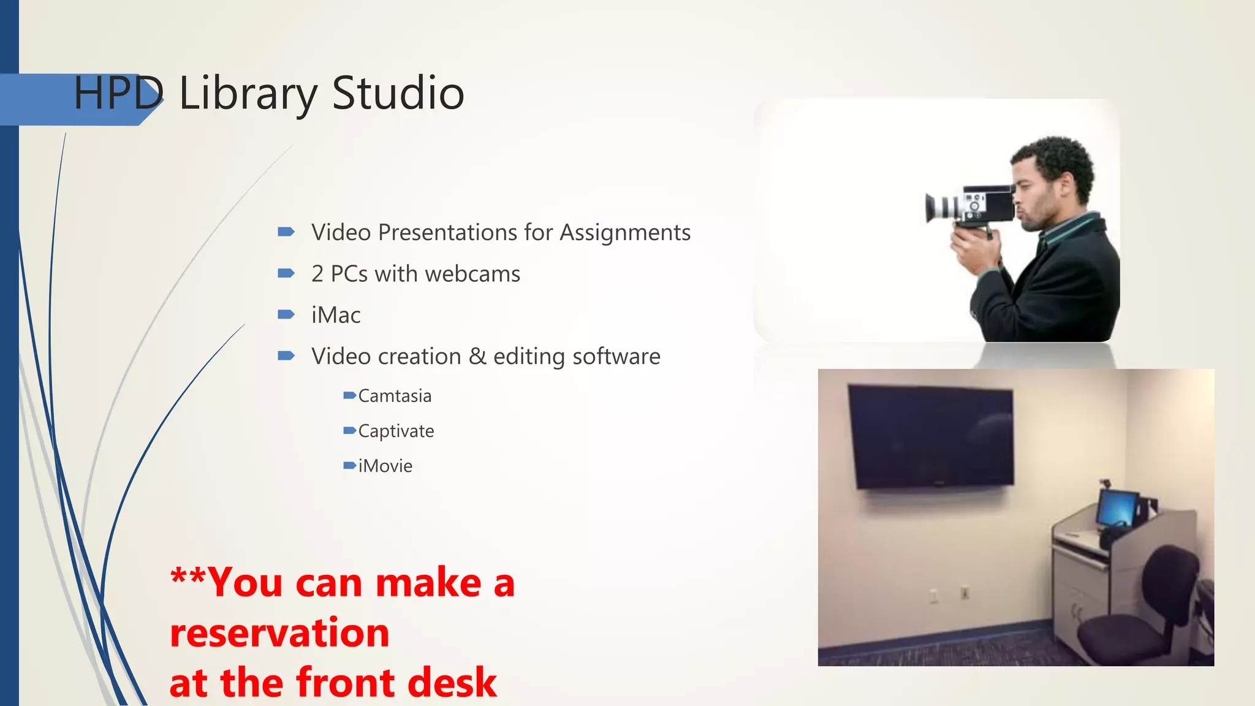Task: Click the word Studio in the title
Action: click(398, 93)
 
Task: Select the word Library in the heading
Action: click(248, 94)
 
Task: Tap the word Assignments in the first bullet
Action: click(625, 233)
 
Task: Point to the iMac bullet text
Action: click(336, 316)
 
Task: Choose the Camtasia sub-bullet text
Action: click(395, 396)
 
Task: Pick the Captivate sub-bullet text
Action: click(396, 431)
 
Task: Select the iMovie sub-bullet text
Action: click(385, 466)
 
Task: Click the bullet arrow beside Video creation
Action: click(286, 355)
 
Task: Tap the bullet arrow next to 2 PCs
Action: click(286, 273)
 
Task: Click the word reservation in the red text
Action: click(279, 632)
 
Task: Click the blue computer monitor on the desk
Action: click(1117, 509)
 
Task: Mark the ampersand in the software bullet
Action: click(477, 356)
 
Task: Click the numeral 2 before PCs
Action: click(317, 274)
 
